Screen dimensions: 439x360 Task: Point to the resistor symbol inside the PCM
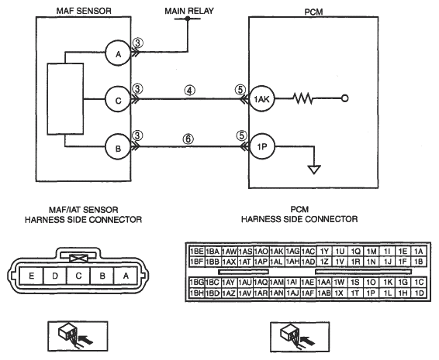(x=302, y=98)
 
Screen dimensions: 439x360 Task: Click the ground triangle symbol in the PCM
(x=314, y=170)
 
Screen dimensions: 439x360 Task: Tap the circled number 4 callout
(x=189, y=91)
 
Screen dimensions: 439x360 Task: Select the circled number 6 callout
(x=188, y=139)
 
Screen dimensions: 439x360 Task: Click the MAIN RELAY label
(x=189, y=11)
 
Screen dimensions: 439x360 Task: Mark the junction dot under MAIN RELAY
(x=188, y=19)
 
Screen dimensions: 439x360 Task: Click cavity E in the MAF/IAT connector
(x=32, y=276)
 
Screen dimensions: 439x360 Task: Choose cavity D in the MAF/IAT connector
(x=55, y=276)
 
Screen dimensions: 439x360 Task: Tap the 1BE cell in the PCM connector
(x=197, y=252)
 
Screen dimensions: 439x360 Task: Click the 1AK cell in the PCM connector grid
(x=277, y=252)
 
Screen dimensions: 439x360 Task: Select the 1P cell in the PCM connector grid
(x=371, y=293)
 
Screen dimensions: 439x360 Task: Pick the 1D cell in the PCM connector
(x=419, y=293)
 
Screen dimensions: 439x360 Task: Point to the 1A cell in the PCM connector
(x=419, y=252)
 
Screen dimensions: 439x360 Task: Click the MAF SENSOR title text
(x=84, y=11)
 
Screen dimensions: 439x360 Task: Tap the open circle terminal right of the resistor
(x=345, y=98)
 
